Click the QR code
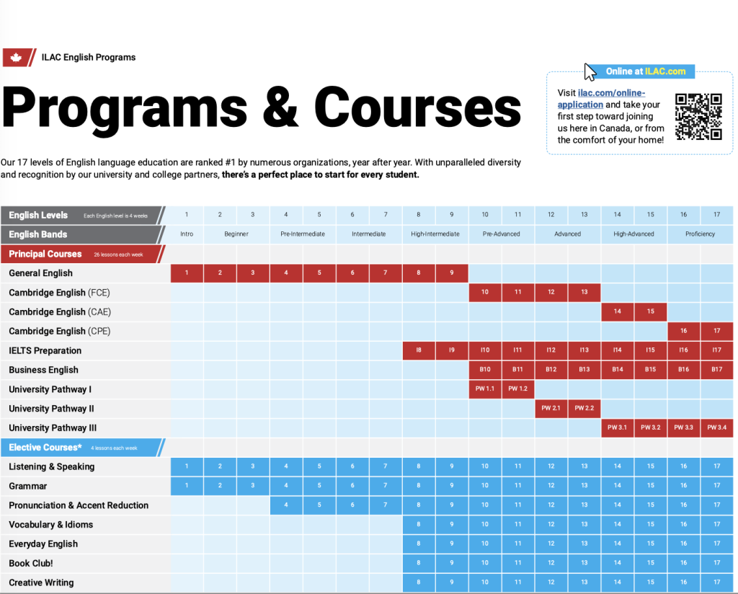(x=698, y=116)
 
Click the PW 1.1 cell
(x=485, y=389)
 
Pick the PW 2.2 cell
(x=584, y=409)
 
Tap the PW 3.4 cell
(x=716, y=427)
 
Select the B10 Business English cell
(x=485, y=370)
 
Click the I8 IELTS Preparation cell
(x=419, y=350)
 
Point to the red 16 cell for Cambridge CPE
(x=683, y=332)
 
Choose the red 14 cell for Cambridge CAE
(x=617, y=312)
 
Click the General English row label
(x=41, y=273)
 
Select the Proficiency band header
(x=700, y=234)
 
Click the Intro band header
(x=187, y=234)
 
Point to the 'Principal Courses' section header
(x=45, y=254)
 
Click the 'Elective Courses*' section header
(x=45, y=447)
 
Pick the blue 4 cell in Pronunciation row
(x=286, y=505)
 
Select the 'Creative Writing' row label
(x=41, y=582)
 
